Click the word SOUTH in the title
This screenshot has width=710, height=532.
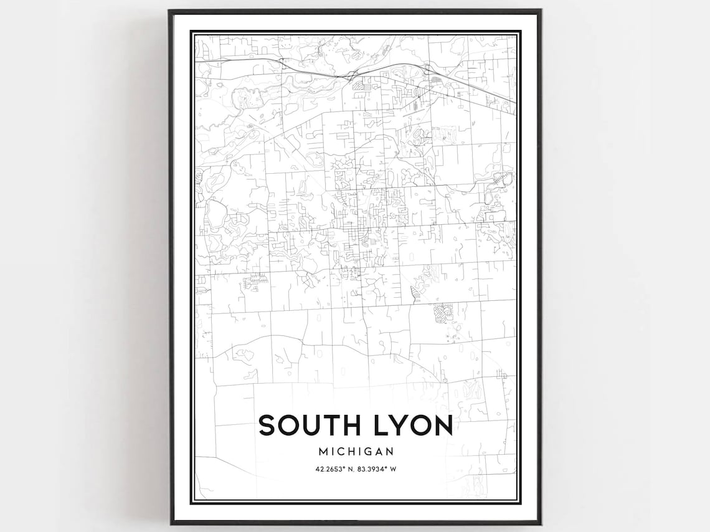[x=310, y=426]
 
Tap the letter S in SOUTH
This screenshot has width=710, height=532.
[x=267, y=426]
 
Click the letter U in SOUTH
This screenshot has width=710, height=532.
[x=313, y=426]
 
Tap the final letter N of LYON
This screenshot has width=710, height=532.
[x=442, y=426]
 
